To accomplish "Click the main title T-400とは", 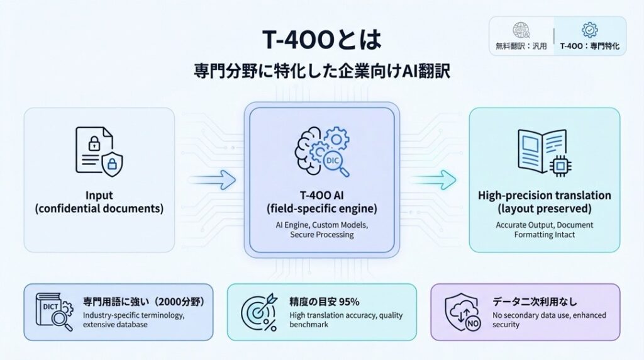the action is pyautogui.click(x=322, y=40).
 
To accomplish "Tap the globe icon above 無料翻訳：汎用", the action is pyautogui.click(x=521, y=30).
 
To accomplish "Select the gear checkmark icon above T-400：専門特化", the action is pyautogui.click(x=590, y=30).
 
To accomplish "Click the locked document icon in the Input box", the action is pyautogui.click(x=99, y=151).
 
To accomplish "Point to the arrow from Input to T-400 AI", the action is pyautogui.click(x=213, y=179).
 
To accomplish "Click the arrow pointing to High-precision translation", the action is pyautogui.click(x=433, y=179).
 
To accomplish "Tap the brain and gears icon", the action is pyautogui.click(x=323, y=152).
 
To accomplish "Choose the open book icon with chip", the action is pyautogui.click(x=545, y=152).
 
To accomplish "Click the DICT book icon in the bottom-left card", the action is pyautogui.click(x=54, y=312).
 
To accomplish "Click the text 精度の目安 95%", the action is pyautogui.click(x=325, y=302).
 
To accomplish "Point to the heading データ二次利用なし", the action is pyautogui.click(x=535, y=302).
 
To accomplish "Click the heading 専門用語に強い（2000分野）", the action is pyautogui.click(x=144, y=302).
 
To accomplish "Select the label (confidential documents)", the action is pyautogui.click(x=99, y=208).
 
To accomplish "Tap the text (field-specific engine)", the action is pyautogui.click(x=322, y=208).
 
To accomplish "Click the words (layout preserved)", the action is pyautogui.click(x=545, y=208).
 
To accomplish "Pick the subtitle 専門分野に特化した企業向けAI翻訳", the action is pyautogui.click(x=322, y=71).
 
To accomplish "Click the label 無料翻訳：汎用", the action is pyautogui.click(x=521, y=46).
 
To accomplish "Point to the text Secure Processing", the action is pyautogui.click(x=322, y=235).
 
